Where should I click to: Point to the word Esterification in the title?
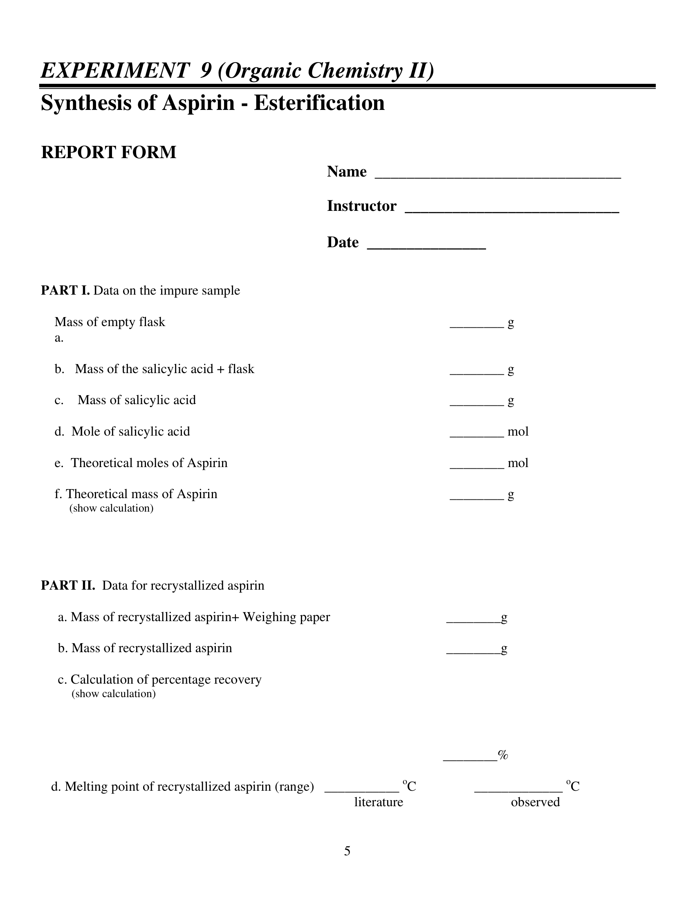pos(319,103)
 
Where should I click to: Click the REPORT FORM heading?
pos(109,152)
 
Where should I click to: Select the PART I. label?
pos(65,291)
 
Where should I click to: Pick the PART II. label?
pos(68,585)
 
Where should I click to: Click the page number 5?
pos(347,851)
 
